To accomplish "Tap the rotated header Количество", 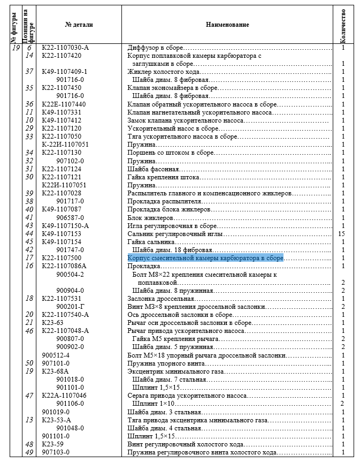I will [342, 25].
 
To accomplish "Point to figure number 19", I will [15, 48].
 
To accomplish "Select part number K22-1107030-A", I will [65, 48].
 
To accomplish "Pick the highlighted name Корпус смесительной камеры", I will [205, 258].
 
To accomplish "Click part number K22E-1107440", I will [64, 104].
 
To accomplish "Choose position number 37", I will [29, 72].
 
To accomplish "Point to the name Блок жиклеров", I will [150, 218].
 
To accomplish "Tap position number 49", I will [29, 452].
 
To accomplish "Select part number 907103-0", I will [56, 452].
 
